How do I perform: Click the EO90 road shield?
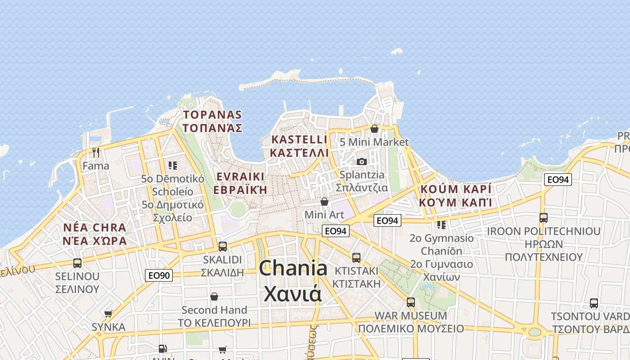pos(159,275)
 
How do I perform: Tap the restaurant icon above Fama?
pos(95,153)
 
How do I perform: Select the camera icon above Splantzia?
pos(361,162)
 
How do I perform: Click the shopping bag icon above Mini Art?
pos(324,202)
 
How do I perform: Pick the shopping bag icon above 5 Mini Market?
pos(374,129)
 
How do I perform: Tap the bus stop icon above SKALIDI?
pos(222,247)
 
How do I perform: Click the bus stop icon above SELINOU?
pos(77,263)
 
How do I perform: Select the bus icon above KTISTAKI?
pos(356,258)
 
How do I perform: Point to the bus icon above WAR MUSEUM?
pos(410,302)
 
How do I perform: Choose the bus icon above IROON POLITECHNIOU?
pos(543,218)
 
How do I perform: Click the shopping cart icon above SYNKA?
pos(108,314)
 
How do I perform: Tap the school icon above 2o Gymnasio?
pos(441,224)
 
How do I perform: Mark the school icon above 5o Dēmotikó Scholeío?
pos(172,166)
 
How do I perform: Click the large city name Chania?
pos(293,269)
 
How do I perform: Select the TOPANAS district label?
pos(212,115)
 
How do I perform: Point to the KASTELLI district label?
pos(299,139)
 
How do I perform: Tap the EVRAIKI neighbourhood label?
pos(240,176)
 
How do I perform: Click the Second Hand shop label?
pos(214,310)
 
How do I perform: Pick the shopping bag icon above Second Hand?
pos(214,297)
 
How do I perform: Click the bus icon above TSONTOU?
pos(594,303)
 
